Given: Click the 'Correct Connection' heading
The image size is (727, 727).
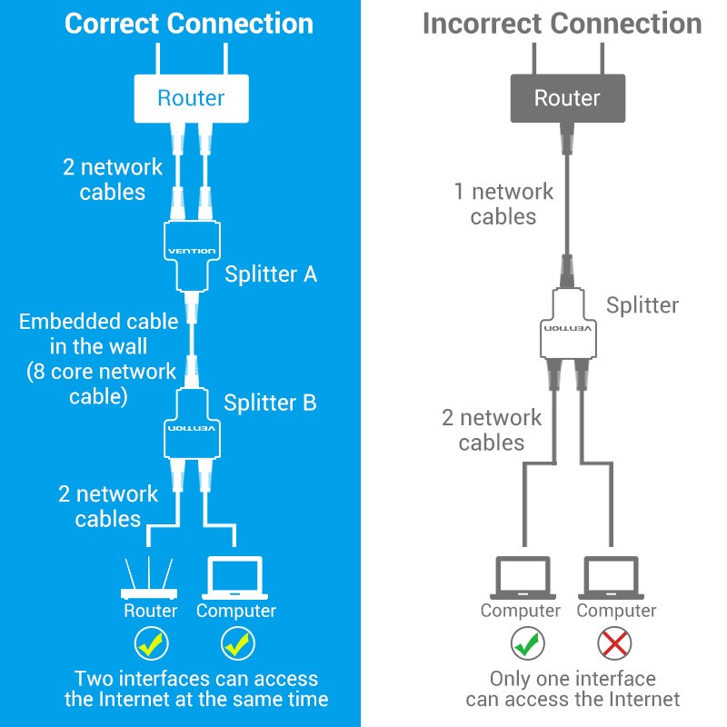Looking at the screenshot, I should point(189,24).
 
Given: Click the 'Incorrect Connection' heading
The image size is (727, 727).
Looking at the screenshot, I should point(562,24).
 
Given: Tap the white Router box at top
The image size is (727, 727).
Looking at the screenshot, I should point(191,98).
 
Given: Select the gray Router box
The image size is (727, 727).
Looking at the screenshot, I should point(567,98).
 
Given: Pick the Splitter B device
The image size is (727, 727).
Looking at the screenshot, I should point(191,426).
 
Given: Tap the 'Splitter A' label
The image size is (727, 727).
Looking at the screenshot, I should point(271,274).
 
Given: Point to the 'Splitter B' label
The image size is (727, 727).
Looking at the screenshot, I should point(270,403).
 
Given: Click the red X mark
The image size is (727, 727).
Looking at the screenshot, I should point(615,643).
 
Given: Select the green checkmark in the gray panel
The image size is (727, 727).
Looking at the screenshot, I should point(520,643).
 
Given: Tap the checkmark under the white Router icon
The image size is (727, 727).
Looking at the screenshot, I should point(151,643).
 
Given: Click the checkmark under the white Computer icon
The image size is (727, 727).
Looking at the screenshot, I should point(236,643).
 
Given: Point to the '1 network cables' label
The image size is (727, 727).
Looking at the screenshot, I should point(503,204).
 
